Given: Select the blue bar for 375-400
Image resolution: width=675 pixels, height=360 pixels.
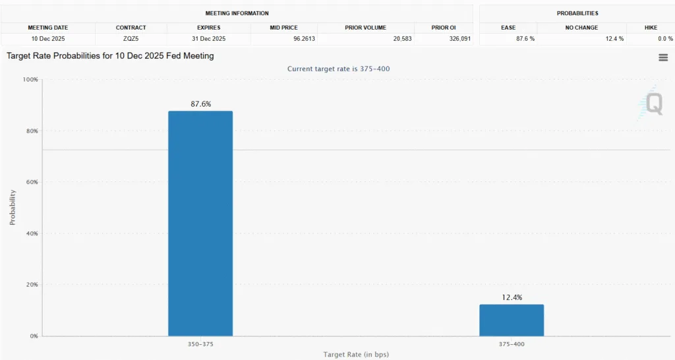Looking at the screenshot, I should (x=512, y=320).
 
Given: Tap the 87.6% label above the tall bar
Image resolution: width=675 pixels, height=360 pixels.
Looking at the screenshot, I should (x=200, y=104).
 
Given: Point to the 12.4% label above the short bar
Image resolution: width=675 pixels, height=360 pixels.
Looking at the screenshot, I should (x=512, y=297).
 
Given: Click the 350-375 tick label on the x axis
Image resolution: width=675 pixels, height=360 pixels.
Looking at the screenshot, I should (x=200, y=344).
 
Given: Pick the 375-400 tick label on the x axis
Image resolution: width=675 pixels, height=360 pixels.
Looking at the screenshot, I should (x=512, y=344).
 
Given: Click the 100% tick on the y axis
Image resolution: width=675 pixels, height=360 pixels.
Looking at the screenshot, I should (x=30, y=80).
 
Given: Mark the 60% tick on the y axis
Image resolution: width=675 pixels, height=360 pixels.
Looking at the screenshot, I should (x=32, y=182).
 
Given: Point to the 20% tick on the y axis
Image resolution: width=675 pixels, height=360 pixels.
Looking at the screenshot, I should (x=32, y=285).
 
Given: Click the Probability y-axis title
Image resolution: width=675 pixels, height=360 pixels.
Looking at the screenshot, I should (x=13, y=208).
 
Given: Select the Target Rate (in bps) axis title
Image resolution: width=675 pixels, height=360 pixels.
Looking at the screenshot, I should (x=356, y=354).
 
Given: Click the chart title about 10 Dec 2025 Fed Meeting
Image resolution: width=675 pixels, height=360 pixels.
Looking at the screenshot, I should (x=110, y=56).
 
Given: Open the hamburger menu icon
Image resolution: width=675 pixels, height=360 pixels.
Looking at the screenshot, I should (x=663, y=57).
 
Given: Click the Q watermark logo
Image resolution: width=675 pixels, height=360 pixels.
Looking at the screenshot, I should (x=653, y=104).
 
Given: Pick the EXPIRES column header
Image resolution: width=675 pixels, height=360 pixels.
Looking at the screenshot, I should (x=208, y=28).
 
